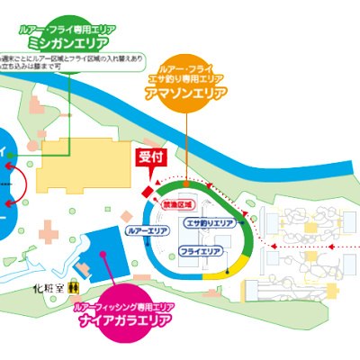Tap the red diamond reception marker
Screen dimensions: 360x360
pos(148,190)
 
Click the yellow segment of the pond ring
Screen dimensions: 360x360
pos(220,281)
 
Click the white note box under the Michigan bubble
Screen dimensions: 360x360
pos(67,62)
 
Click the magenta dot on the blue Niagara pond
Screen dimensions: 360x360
pos(105,254)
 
